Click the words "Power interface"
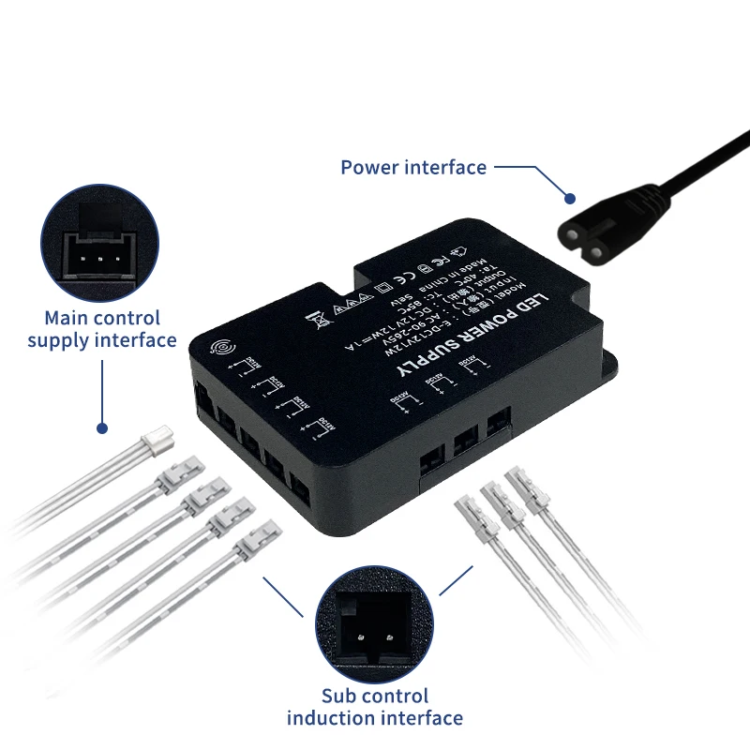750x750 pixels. tap(413, 168)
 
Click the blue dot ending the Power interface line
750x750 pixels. tap(569, 198)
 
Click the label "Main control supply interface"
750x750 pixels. tap(101, 329)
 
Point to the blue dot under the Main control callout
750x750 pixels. tap(101, 428)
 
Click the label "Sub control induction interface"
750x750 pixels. tap(374, 708)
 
